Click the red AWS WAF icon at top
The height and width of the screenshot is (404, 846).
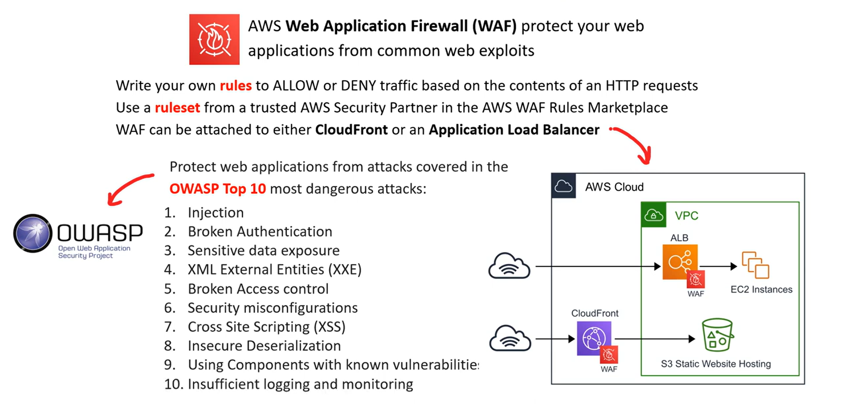214,39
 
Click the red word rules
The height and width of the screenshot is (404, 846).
236,85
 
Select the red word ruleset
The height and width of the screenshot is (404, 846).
177,107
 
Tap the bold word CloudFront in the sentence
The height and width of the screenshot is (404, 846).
351,130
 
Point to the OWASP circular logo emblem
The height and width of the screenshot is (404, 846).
33,233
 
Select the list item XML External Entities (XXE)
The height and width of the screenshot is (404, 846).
274,269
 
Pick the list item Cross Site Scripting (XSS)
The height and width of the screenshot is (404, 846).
267,326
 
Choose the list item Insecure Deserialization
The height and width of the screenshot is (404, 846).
264,345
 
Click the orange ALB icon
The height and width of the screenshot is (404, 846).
680,262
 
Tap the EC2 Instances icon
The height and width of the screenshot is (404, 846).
756,265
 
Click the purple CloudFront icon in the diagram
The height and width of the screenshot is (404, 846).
594,338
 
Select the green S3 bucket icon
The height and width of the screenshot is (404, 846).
717,335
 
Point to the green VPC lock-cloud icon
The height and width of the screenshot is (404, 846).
654,215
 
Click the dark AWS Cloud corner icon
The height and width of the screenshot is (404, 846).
564,186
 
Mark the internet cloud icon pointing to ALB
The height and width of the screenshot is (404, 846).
509,266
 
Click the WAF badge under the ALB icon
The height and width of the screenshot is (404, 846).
696,279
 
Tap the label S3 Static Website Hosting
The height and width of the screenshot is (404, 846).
716,364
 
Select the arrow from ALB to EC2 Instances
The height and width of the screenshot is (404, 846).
718,266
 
